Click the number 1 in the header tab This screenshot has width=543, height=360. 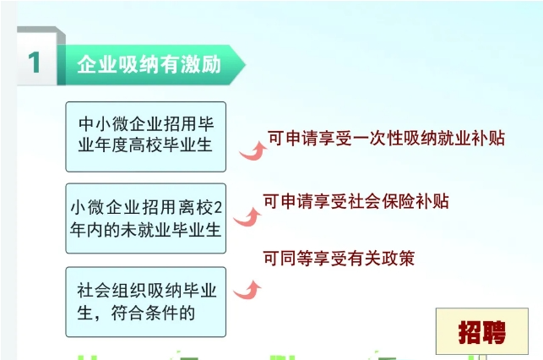[x=35, y=63]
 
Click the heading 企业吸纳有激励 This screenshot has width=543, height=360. [x=149, y=65]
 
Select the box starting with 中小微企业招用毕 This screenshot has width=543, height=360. [x=145, y=132]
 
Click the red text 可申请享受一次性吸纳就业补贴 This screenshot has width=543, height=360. [x=386, y=138]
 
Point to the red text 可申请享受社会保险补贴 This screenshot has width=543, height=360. [x=356, y=201]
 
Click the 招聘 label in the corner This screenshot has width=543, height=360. [x=482, y=332]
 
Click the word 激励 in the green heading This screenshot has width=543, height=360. [x=203, y=65]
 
